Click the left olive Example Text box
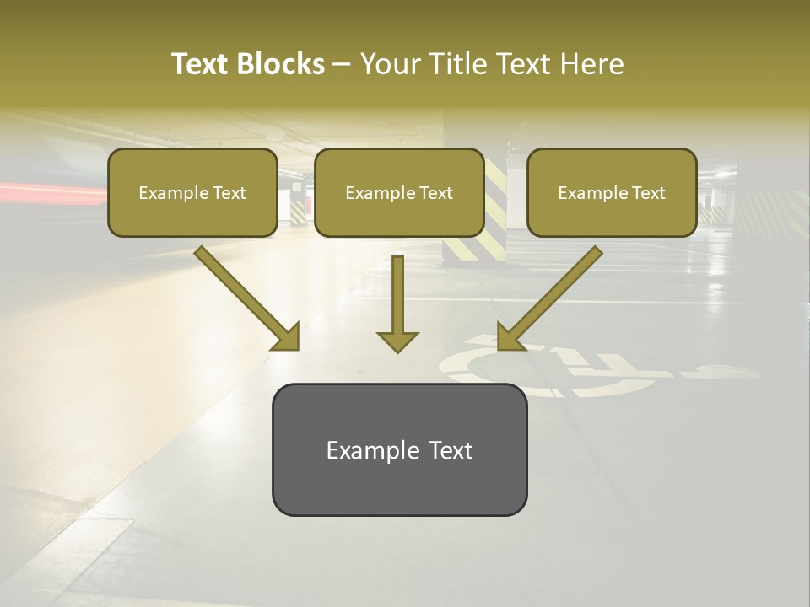pyautogui.click(x=192, y=192)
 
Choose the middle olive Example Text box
pyautogui.click(x=399, y=192)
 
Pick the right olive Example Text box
pyautogui.click(x=612, y=192)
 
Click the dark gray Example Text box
pyautogui.click(x=399, y=450)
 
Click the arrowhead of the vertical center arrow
pyautogui.click(x=397, y=341)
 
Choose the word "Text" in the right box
pyautogui.click(x=647, y=192)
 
